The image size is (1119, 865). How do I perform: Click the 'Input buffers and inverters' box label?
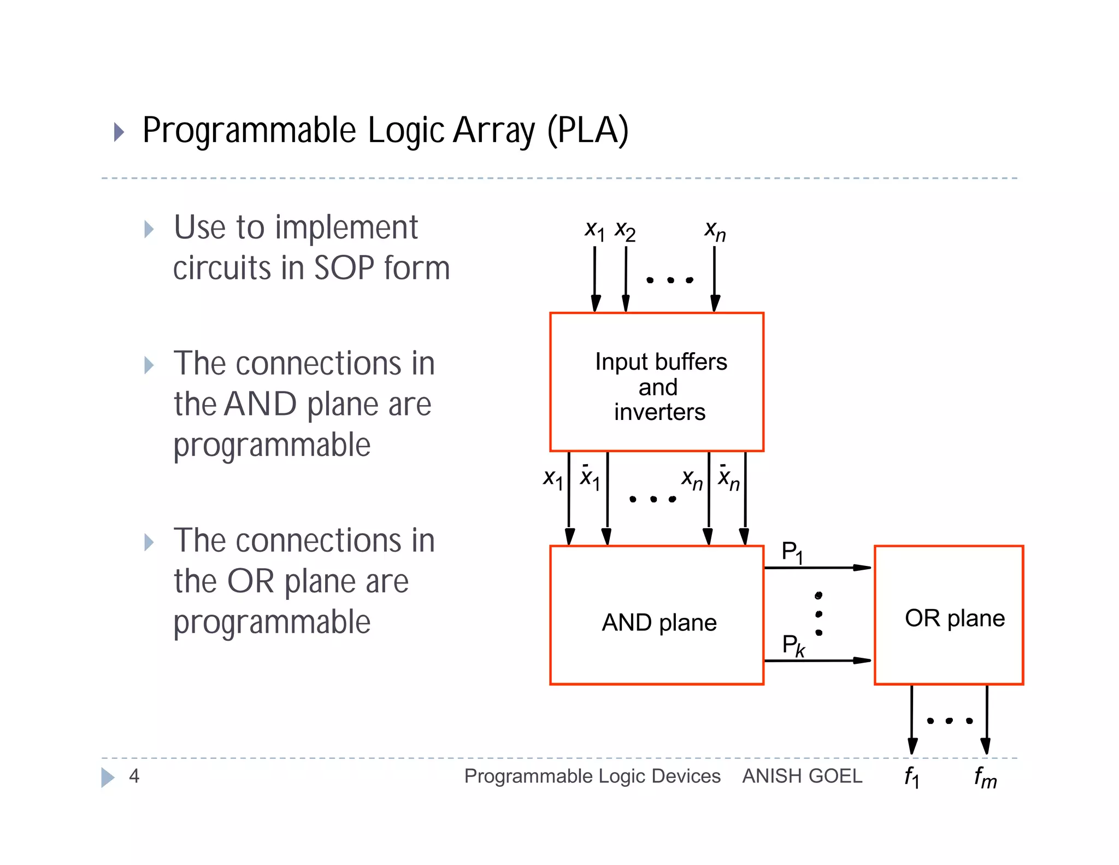click(660, 387)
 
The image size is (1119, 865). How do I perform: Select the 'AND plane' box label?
click(659, 623)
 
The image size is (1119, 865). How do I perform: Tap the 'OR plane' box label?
click(954, 618)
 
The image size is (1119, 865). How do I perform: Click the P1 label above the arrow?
click(792, 552)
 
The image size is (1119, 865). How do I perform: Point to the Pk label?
click(793, 646)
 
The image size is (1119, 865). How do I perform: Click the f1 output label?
click(911, 777)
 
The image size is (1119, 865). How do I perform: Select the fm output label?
click(985, 777)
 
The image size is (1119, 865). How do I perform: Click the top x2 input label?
click(625, 231)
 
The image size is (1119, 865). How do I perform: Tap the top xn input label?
click(715, 231)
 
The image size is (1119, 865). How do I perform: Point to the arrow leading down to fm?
click(986, 722)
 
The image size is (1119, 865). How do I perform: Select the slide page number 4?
click(134, 776)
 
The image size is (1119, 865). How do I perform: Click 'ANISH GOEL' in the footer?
click(802, 776)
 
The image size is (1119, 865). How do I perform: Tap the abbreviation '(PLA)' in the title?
click(588, 131)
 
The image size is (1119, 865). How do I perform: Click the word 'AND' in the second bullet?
click(260, 404)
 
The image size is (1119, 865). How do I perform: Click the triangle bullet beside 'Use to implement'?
click(149, 229)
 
